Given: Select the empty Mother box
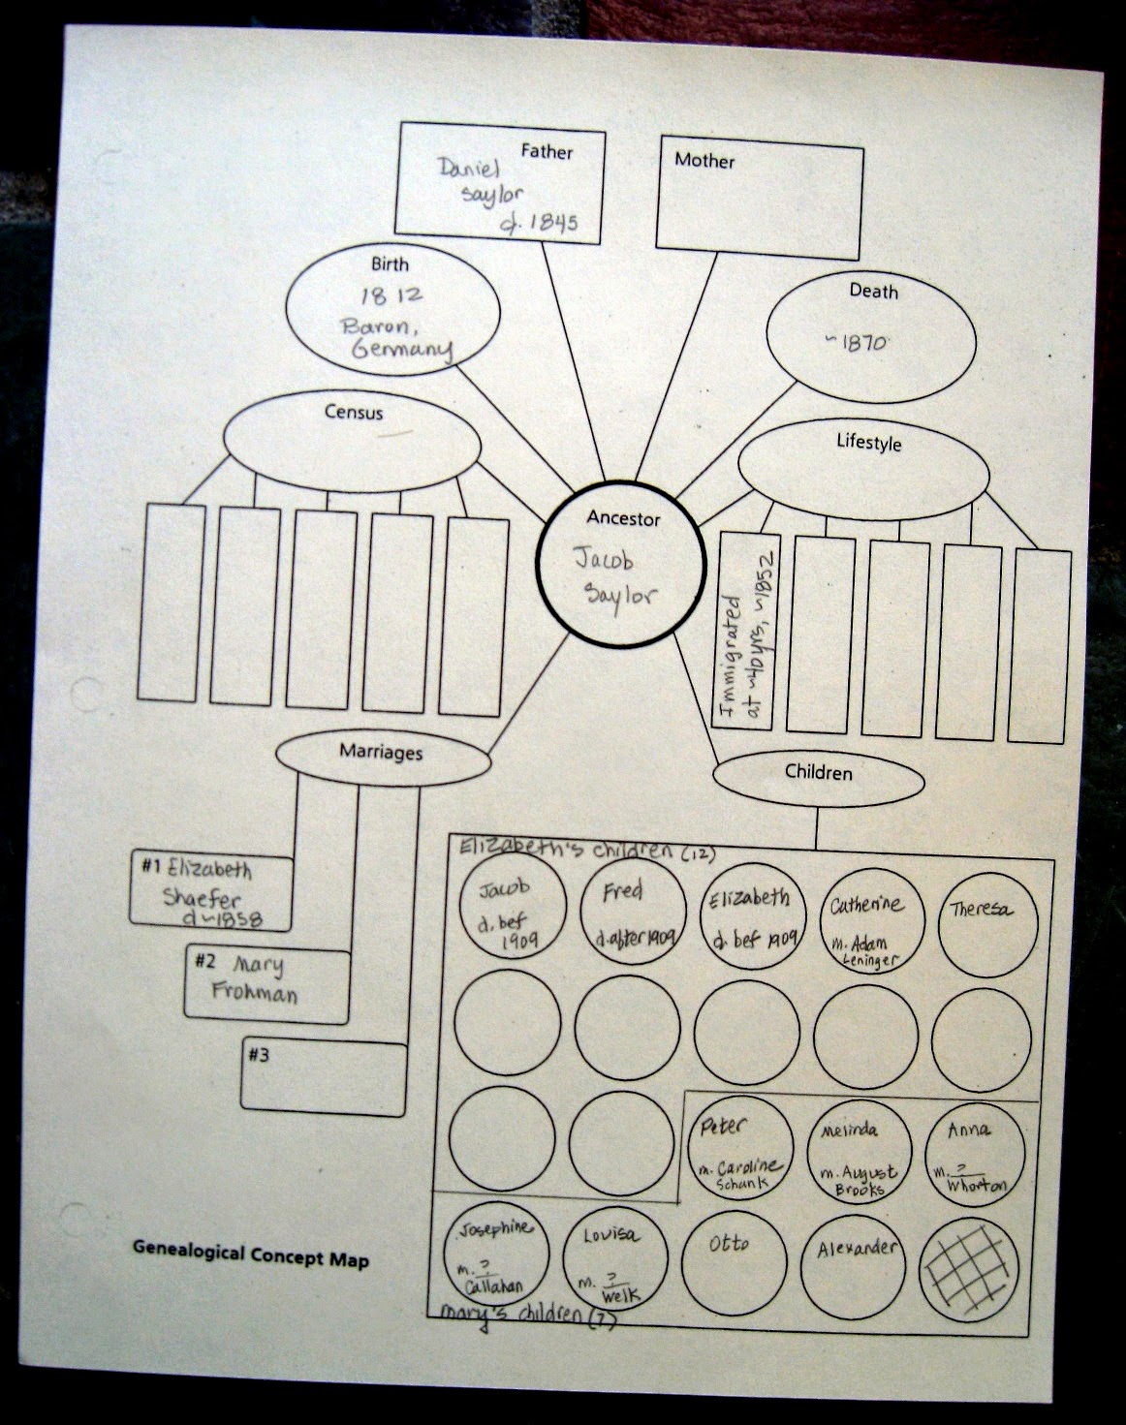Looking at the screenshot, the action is [760, 199].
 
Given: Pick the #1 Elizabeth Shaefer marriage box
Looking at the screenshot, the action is [211, 892].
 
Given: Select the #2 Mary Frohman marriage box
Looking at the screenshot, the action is [266, 985].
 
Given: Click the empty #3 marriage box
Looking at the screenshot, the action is [324, 1078].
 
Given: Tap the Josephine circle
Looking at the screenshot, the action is [493, 1256].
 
